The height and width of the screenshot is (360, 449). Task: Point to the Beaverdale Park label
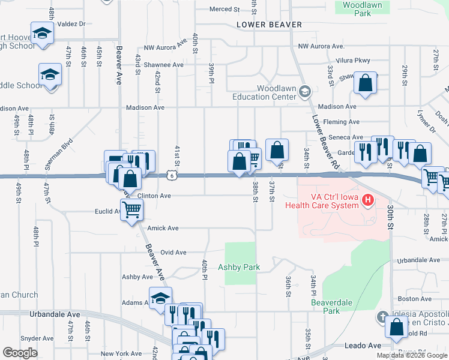click(325, 307)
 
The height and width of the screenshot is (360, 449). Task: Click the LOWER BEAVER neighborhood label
click(262, 25)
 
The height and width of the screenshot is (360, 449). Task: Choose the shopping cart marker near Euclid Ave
click(132, 210)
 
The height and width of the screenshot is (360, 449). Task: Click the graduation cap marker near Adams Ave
click(160, 298)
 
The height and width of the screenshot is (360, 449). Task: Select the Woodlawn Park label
click(357, 8)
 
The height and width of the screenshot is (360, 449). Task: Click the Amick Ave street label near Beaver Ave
click(164, 228)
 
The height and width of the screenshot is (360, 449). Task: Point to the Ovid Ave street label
click(173, 253)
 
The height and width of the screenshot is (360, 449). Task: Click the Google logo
click(20, 353)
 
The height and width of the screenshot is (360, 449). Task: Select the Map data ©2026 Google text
click(412, 355)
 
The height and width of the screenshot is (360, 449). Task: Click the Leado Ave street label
click(363, 346)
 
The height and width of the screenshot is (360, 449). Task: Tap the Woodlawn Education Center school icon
click(305, 92)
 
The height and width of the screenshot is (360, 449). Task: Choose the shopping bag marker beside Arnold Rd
click(396, 328)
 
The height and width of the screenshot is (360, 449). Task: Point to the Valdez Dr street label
click(71, 24)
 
